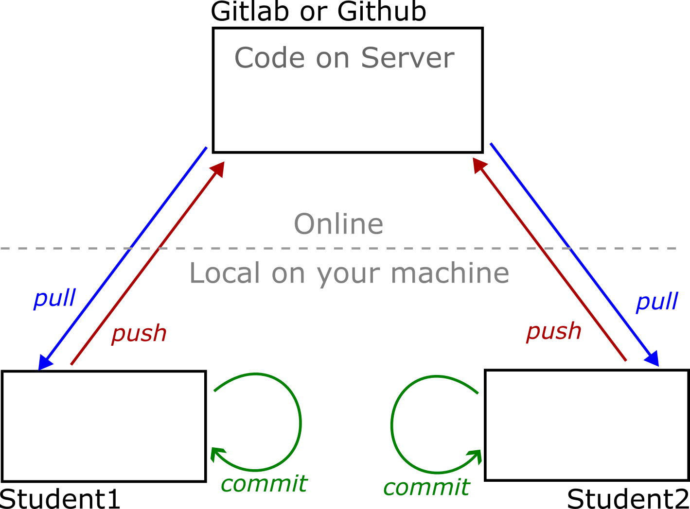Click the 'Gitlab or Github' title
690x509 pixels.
318,12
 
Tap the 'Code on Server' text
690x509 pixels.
344,58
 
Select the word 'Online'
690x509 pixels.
338,224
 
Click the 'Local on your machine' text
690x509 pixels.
349,273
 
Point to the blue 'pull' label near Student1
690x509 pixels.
54,298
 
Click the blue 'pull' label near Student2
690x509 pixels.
657,302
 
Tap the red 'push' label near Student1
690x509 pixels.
139,334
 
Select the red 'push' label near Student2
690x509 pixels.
553,331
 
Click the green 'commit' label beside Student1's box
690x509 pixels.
264,484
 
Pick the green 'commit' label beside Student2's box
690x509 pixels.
426,487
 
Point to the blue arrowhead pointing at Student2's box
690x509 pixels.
652,358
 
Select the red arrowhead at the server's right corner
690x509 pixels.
479,165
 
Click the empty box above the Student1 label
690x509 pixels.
104,426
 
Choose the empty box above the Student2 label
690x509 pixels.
587,425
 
